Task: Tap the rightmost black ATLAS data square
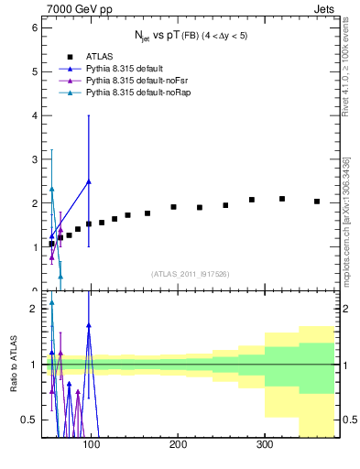[x=317, y=202]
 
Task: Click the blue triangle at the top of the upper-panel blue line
[x=88, y=181]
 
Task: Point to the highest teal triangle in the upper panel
[x=51, y=189]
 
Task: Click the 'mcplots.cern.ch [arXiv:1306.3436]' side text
[x=347, y=223]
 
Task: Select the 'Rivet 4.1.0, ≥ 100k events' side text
[x=347, y=82]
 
